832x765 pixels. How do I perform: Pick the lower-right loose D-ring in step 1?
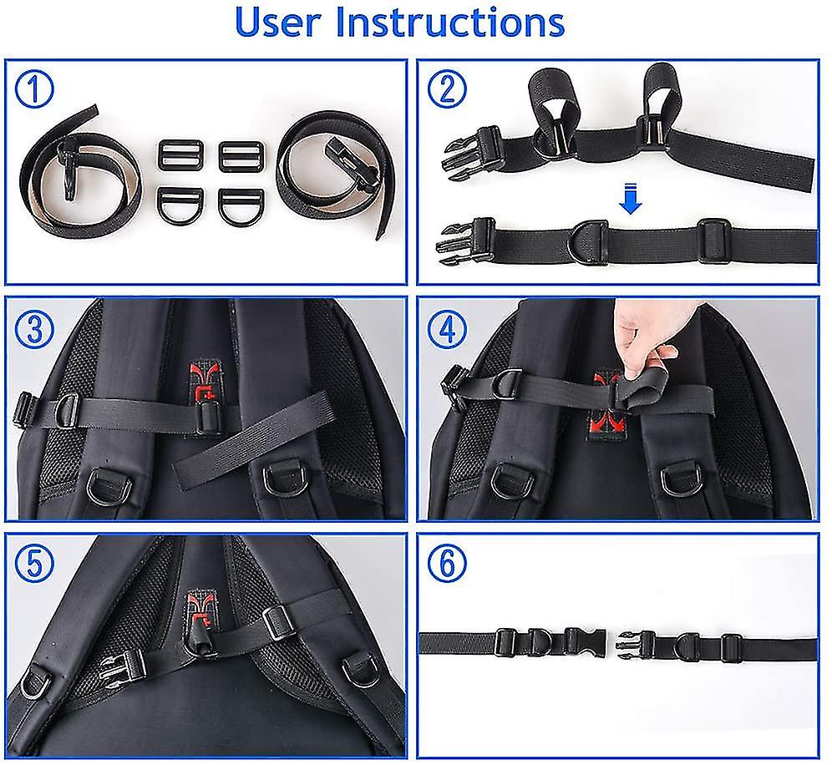tap(240, 205)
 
